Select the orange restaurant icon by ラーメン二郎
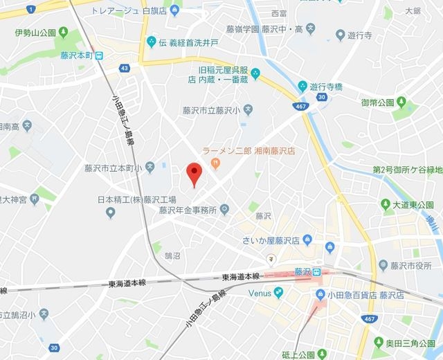coord(216,163)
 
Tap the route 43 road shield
coord(124,68)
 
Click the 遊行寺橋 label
coord(327,87)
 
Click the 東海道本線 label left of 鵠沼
coord(127,283)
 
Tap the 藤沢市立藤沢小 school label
coord(211,110)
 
